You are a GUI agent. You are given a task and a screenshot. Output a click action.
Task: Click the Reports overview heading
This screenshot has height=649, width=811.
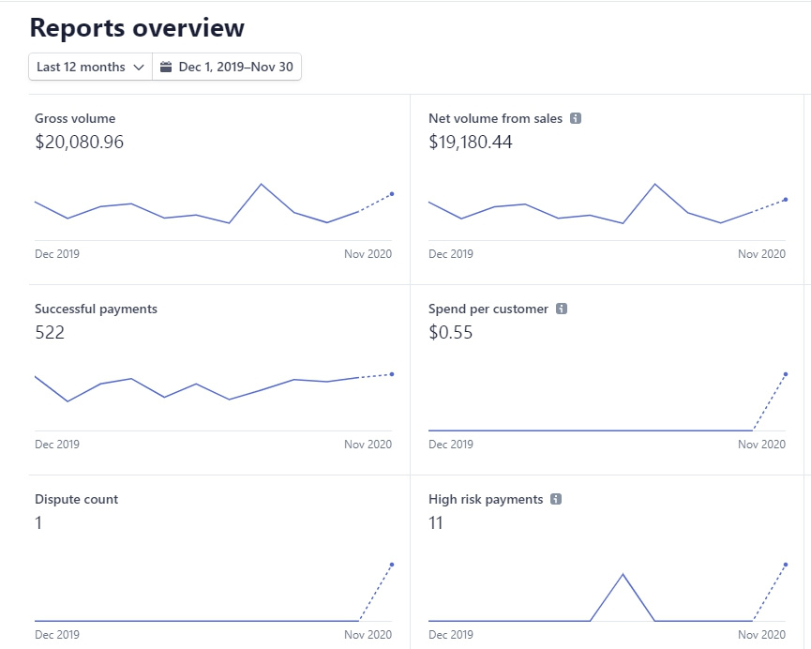pos(137,28)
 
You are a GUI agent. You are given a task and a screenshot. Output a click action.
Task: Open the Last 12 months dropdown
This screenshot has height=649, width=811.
pos(90,68)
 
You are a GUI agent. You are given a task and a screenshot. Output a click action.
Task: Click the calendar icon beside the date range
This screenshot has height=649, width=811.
pos(166,68)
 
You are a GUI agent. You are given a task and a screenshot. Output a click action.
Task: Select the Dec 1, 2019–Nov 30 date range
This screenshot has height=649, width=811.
pos(235,68)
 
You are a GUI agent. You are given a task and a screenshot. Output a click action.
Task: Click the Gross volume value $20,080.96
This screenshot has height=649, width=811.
pos(79,143)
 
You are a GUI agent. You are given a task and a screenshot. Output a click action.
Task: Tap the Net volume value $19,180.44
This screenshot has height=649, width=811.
pos(471,143)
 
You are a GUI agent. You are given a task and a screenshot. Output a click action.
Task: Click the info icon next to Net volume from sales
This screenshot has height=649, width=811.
pos(576,119)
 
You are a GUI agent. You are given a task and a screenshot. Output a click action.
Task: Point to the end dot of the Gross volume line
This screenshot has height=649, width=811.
pos(392,194)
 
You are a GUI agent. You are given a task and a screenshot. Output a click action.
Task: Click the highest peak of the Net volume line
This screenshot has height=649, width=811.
pos(654,184)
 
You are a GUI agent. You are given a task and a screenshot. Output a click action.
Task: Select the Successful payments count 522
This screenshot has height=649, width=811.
pos(50,332)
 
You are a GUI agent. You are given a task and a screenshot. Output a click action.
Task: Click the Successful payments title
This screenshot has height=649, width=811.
pos(96,309)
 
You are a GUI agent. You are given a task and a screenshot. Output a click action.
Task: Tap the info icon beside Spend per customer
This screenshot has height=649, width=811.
pos(562,309)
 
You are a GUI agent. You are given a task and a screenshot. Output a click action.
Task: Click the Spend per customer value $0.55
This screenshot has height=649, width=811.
pos(450,332)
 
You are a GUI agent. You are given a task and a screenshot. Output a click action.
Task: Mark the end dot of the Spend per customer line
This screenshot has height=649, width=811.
pos(786,374)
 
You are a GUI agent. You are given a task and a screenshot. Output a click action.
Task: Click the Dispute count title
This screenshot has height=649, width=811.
pos(76,500)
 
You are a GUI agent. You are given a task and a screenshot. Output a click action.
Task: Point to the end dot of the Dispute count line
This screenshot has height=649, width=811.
pos(392,565)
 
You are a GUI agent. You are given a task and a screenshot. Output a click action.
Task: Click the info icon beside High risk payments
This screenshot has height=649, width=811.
pos(556,500)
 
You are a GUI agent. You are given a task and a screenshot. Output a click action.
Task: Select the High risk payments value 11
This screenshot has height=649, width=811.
pos(436,522)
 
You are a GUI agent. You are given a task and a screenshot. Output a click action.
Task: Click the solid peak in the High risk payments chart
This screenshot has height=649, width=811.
pos(623,574)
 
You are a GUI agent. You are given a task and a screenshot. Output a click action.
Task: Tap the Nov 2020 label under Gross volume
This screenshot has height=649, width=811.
pos(368,254)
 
